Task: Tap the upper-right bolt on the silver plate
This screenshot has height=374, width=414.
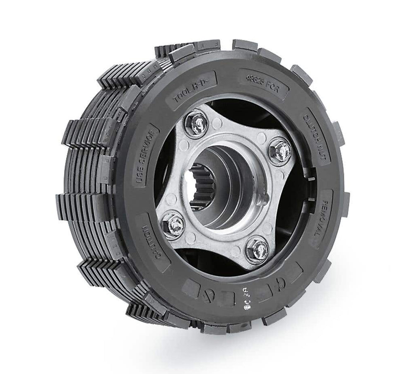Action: [279, 150]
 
